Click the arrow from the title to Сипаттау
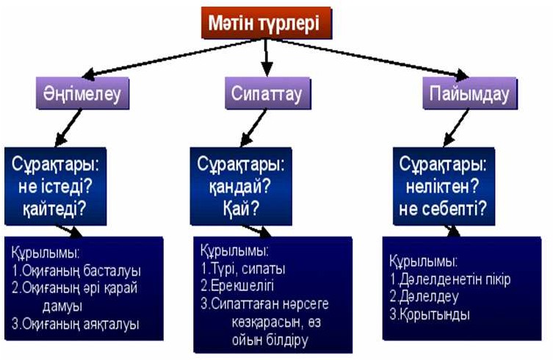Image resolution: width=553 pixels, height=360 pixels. point(267,57)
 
